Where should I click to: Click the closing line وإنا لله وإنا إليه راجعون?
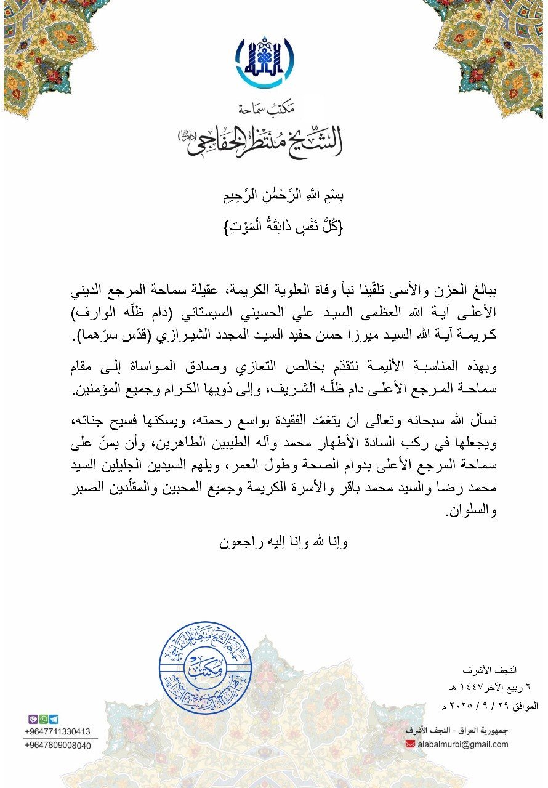(x=284, y=543)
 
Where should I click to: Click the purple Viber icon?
(x=33, y=719)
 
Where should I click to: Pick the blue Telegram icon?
(x=54, y=719)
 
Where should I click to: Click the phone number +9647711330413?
(x=58, y=731)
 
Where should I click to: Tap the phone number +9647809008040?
(x=58, y=746)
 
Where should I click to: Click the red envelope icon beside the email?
(x=411, y=744)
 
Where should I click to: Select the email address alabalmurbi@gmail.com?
(x=462, y=744)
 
